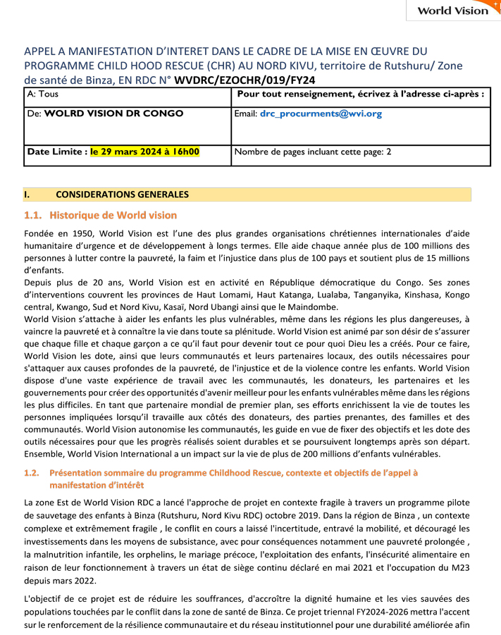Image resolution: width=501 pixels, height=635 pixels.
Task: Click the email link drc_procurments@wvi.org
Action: click(x=321, y=113)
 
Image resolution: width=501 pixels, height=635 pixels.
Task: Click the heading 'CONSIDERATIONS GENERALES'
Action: click(x=122, y=194)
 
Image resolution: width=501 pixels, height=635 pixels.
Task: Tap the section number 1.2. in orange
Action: click(x=32, y=473)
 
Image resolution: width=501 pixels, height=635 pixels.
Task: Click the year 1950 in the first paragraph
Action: click(x=80, y=233)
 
